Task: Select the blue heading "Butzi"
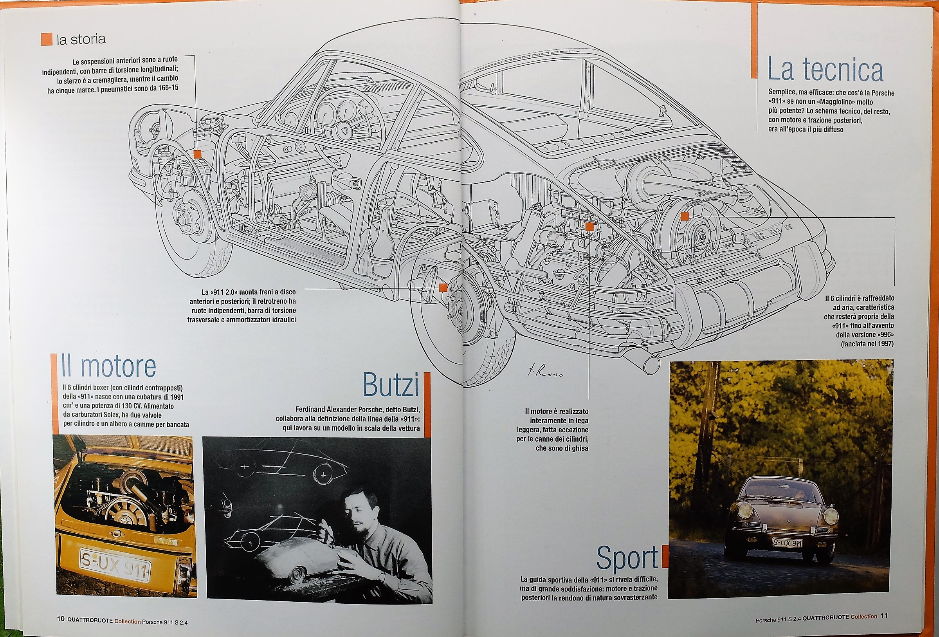point(390,384)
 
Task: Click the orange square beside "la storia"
point(47,39)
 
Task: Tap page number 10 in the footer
point(61,619)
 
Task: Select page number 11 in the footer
point(884,616)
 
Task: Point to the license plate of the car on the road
point(787,543)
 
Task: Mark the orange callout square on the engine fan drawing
point(685,217)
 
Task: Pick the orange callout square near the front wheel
point(197,154)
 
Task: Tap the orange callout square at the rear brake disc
point(443,287)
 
